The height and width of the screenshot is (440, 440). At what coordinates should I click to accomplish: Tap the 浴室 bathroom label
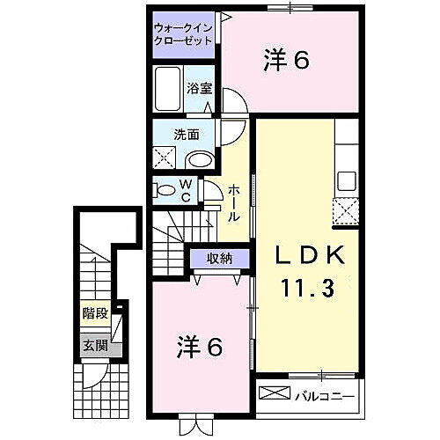click(200, 88)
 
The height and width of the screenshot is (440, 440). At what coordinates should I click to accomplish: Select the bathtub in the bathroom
click(168, 89)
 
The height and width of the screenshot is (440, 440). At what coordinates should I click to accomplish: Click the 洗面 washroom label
click(187, 136)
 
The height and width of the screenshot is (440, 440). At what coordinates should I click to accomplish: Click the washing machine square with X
click(165, 158)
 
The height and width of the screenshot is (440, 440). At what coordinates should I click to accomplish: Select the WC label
click(187, 191)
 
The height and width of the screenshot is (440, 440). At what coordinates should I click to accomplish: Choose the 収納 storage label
click(220, 258)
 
